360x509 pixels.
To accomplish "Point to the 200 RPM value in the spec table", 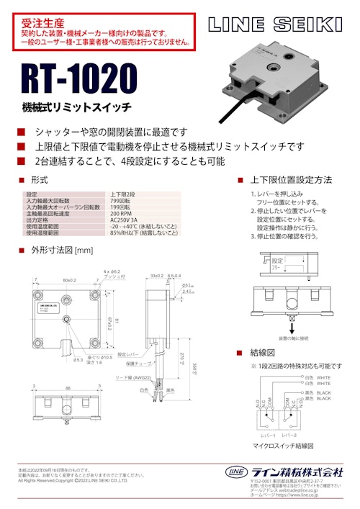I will tap(120, 214).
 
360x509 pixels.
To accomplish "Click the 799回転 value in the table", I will tap(122, 201).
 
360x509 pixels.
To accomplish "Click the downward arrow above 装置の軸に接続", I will tap(290, 316).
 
